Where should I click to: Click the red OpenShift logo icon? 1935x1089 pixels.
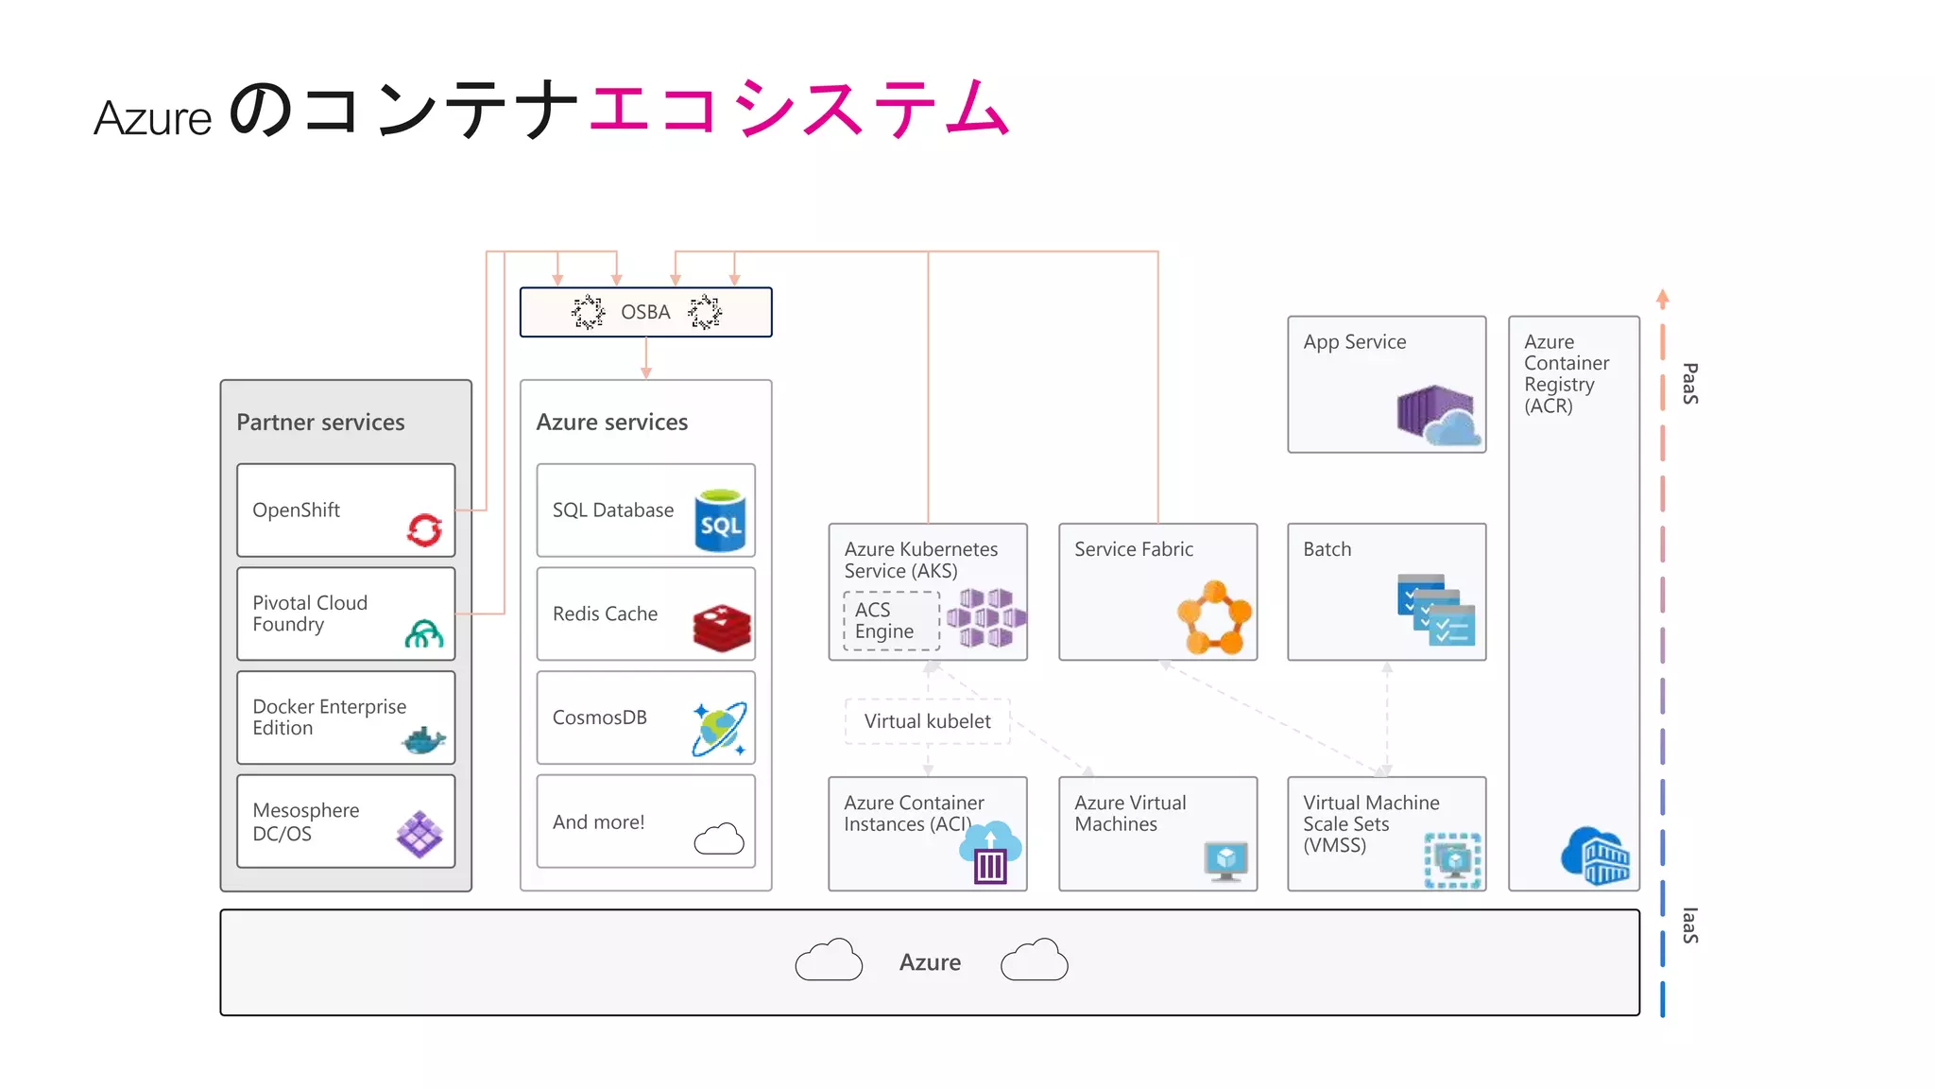(424, 529)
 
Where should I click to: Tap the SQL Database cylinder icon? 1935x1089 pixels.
(720, 521)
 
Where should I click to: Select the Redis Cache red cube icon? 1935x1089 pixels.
(722, 629)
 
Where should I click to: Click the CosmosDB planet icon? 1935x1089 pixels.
(719, 729)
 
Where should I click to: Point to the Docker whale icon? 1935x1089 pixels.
(423, 740)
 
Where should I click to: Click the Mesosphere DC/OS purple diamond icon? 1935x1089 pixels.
(420, 834)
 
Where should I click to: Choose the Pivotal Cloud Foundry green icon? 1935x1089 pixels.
(424, 633)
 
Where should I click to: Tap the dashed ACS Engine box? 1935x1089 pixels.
(891, 621)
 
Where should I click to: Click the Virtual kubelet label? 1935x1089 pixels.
(927, 721)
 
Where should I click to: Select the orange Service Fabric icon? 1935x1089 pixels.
(1214, 618)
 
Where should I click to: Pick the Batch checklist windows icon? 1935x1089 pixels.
(1435, 610)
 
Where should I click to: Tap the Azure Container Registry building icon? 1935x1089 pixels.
(1596, 855)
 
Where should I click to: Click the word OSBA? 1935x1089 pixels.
(645, 312)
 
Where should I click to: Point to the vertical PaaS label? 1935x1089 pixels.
(1690, 384)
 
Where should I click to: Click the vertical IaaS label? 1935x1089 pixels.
(1690, 925)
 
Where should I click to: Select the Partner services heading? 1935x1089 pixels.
(320, 423)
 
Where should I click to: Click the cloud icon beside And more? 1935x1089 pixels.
(719, 838)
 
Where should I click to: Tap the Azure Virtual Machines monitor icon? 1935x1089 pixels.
(1225, 860)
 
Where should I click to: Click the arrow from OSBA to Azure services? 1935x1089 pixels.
(646, 359)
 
